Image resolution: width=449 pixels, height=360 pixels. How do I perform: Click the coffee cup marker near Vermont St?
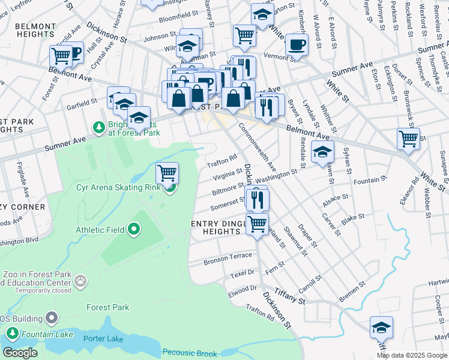[296, 44]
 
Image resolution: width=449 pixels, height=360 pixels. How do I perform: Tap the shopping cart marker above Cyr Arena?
[167, 173]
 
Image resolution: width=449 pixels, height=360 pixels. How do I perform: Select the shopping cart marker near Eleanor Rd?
[408, 139]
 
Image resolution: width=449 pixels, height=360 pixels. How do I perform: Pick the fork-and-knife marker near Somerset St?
[257, 199]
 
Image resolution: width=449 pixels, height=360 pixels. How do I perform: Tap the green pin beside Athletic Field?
[134, 229]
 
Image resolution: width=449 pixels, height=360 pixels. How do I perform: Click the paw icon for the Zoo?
[80, 280]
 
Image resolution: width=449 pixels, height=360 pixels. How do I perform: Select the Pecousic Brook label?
[191, 352]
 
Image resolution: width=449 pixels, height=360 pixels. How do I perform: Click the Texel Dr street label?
[243, 272]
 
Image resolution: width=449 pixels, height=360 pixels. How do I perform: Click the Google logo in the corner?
[20, 353]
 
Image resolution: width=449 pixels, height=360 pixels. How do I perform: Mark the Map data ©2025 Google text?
[412, 355]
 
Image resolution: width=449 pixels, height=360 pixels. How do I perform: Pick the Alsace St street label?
[336, 197]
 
